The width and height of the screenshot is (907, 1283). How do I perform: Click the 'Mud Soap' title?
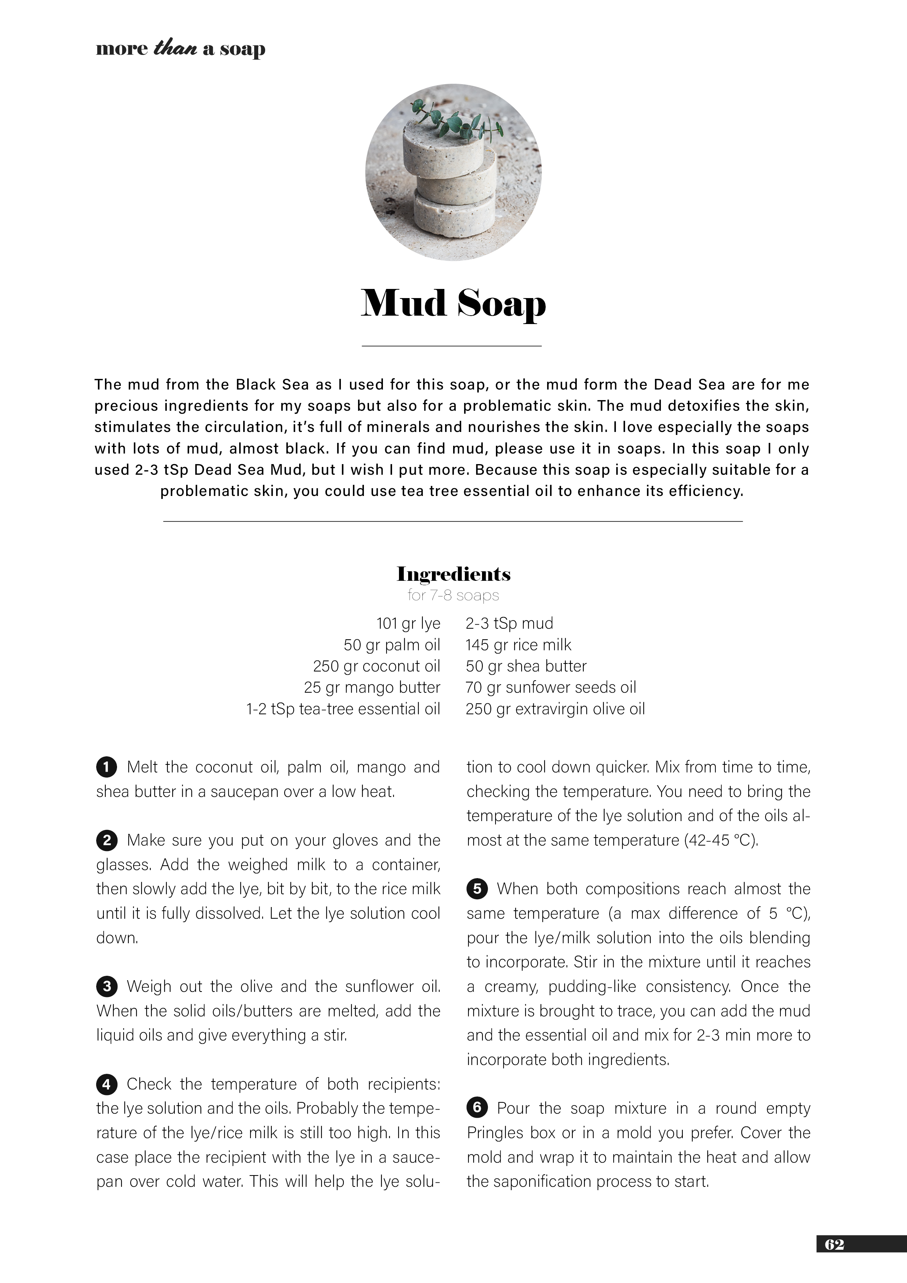[453, 304]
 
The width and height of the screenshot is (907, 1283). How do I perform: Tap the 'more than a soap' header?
[181, 49]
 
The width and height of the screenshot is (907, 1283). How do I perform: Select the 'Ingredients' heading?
[453, 574]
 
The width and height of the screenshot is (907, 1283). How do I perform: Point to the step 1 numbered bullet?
[106, 767]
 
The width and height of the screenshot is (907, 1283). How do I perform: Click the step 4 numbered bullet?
[106, 1085]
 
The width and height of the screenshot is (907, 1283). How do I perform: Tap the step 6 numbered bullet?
[477, 1109]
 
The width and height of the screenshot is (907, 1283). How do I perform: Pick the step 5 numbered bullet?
[477, 889]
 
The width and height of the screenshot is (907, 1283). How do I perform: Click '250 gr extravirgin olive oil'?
[555, 709]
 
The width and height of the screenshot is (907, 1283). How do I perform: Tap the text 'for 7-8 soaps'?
[453, 596]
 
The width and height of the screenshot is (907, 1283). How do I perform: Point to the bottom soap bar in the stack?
[454, 212]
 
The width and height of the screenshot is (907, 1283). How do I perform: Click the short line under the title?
[452, 346]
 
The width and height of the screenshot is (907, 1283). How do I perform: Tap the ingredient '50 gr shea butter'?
[526, 666]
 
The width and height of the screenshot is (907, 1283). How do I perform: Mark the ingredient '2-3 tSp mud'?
[509, 624]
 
